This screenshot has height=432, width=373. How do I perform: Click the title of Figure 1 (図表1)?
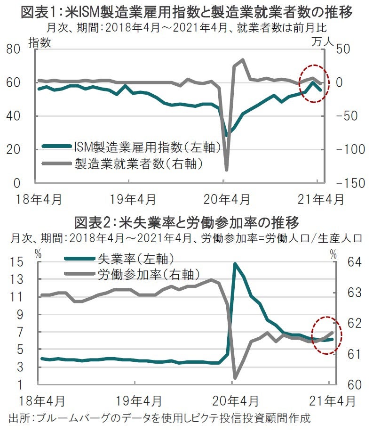(187, 11)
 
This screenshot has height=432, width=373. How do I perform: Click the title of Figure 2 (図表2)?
(187, 221)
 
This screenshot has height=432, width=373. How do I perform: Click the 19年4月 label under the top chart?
(133, 199)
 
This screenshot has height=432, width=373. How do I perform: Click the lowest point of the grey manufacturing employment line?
(226, 170)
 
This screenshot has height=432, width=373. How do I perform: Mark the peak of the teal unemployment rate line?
(234, 264)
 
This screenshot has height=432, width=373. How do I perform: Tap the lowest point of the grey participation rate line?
(235, 377)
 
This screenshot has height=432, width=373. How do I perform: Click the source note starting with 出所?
(160, 418)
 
